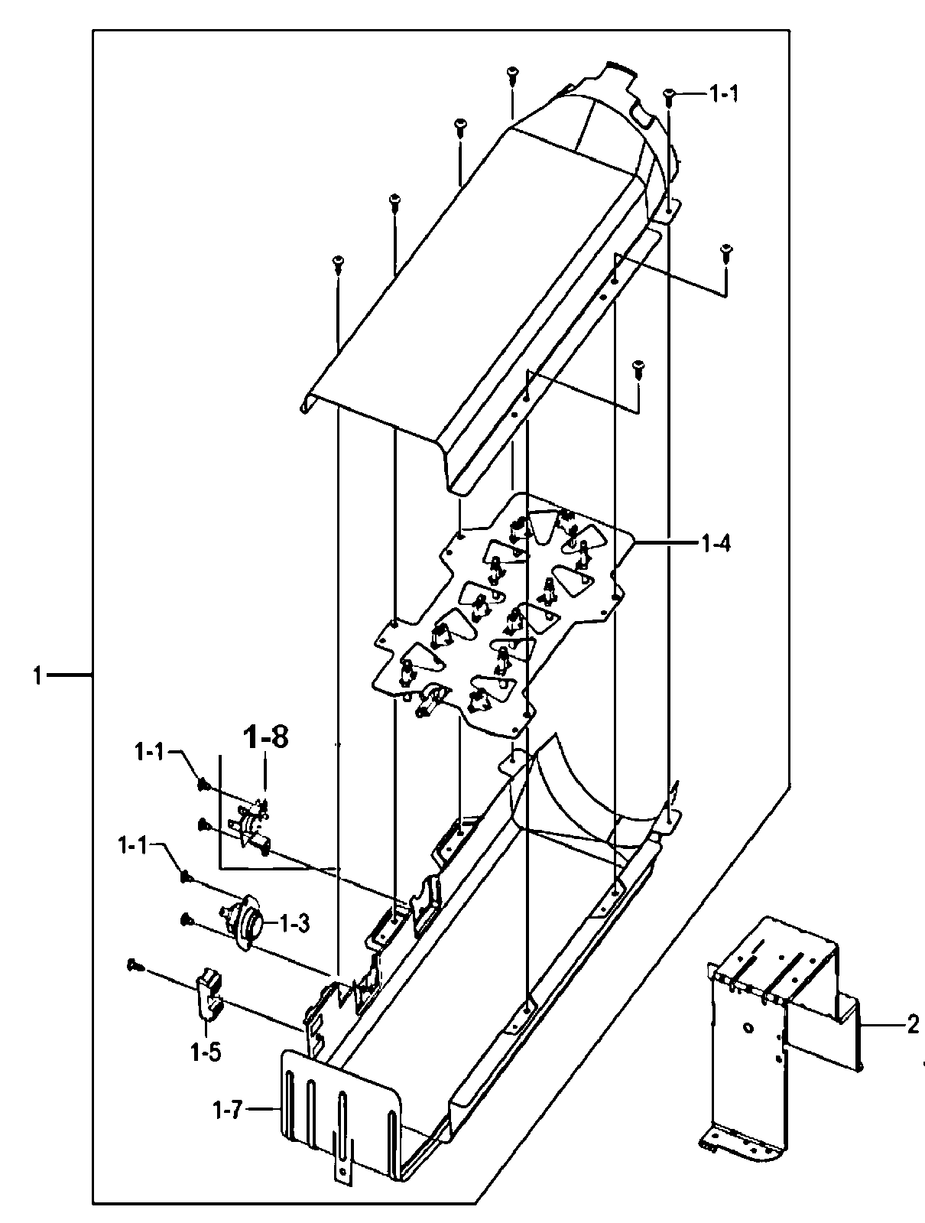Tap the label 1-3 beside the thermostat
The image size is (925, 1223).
294,923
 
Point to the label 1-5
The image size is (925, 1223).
206,1052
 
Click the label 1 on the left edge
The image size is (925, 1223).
37,675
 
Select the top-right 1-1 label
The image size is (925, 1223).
723,95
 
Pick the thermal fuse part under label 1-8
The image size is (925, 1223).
255,826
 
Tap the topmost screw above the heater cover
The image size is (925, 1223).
511,75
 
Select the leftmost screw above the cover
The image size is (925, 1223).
336,264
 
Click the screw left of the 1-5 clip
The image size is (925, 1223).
134,965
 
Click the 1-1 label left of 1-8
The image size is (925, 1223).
150,753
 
